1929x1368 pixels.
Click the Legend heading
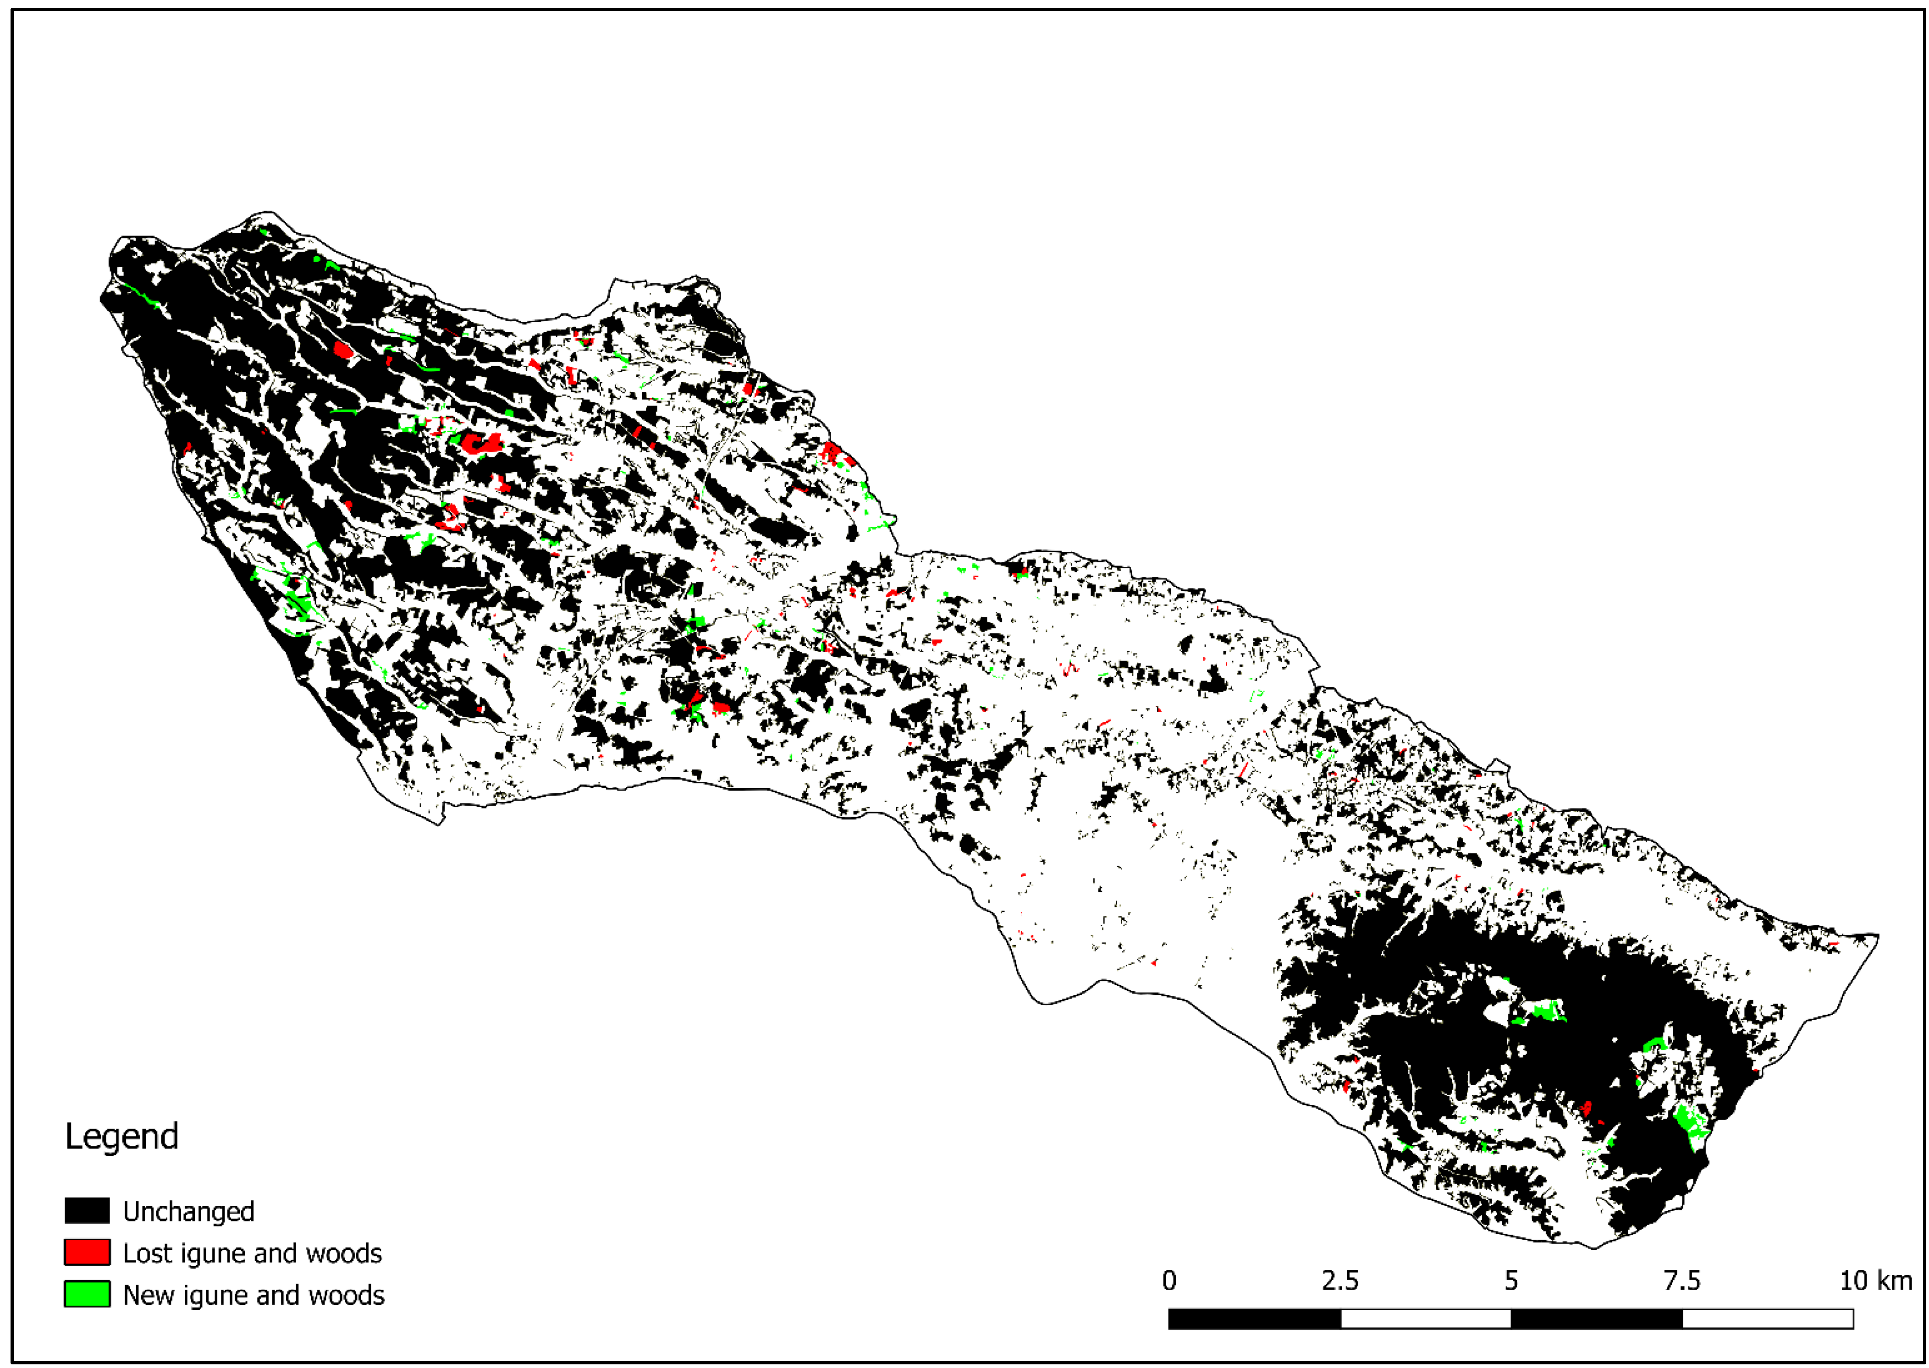pyautogui.click(x=121, y=1137)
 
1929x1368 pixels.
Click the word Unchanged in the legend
pyautogui.click(x=189, y=1211)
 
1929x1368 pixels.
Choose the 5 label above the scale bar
pyautogui.click(x=1511, y=1280)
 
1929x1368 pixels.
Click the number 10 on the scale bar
pyautogui.click(x=1853, y=1280)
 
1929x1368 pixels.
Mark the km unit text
pyautogui.click(x=1895, y=1280)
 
